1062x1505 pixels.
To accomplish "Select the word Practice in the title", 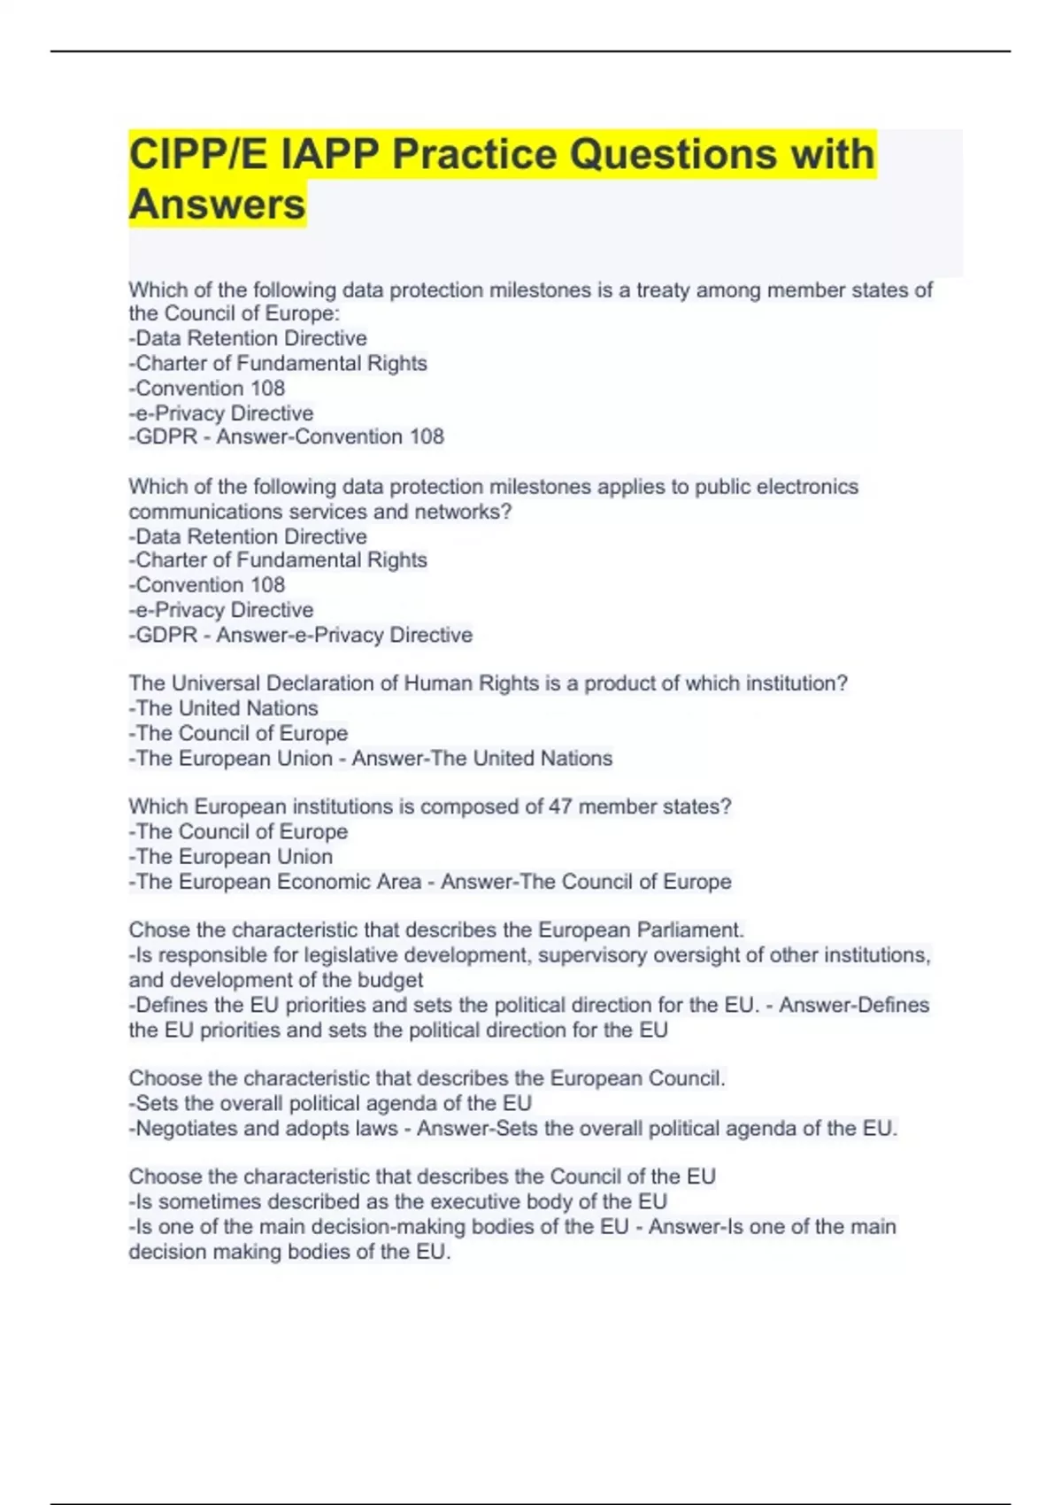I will (x=473, y=155).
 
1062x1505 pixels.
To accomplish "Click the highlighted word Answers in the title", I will (x=218, y=205).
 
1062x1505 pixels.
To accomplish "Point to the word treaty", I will (x=663, y=290).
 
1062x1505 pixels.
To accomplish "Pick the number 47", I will (x=560, y=807).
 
